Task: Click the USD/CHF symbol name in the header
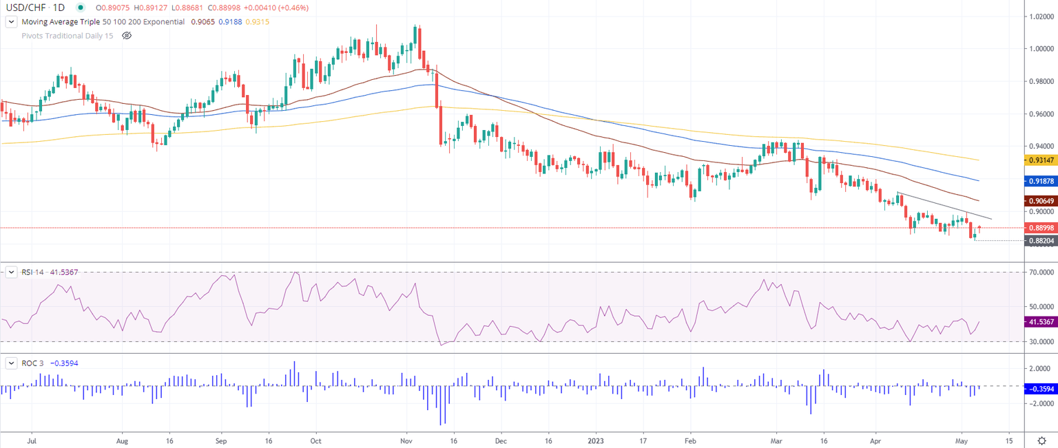click(x=27, y=8)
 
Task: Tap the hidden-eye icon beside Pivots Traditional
click(x=127, y=34)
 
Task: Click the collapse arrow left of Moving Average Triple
click(x=11, y=21)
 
